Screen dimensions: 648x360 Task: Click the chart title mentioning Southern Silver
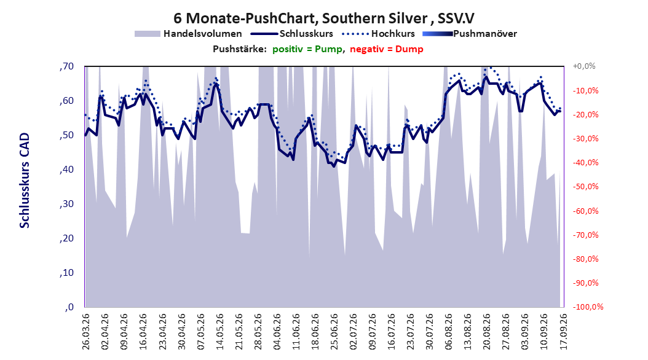click(x=323, y=18)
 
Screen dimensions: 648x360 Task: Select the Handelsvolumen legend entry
click(x=189, y=34)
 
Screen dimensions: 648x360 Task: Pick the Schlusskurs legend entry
click(x=292, y=34)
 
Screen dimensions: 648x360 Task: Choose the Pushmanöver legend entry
click(x=470, y=34)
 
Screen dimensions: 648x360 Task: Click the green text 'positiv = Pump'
click(x=307, y=49)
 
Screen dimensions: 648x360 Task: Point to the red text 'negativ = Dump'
click(x=387, y=49)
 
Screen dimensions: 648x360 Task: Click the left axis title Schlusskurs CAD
click(x=25, y=181)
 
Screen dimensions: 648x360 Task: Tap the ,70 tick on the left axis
click(x=66, y=66)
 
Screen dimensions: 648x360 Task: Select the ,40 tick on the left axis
click(x=66, y=170)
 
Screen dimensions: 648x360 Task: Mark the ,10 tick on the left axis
click(x=66, y=273)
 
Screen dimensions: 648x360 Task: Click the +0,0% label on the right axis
click(x=584, y=66)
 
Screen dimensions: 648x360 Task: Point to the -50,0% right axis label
click(x=585, y=187)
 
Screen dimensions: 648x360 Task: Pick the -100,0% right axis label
click(x=588, y=307)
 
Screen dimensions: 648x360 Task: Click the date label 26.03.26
click(x=86, y=332)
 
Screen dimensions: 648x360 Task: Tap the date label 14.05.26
click(x=220, y=332)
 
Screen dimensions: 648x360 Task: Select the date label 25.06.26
click(x=334, y=332)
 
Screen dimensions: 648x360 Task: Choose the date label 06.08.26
click(x=449, y=332)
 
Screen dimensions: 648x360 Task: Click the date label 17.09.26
click(x=563, y=332)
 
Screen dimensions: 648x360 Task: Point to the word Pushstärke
click(x=240, y=49)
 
